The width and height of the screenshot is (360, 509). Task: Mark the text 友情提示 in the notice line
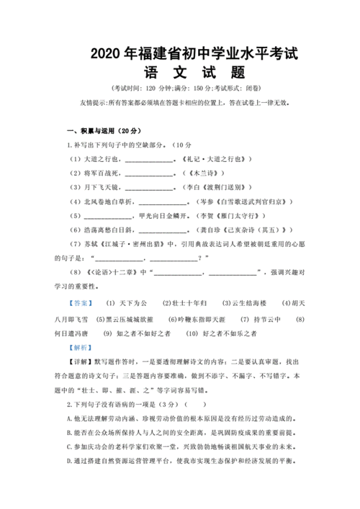click(x=94, y=103)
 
